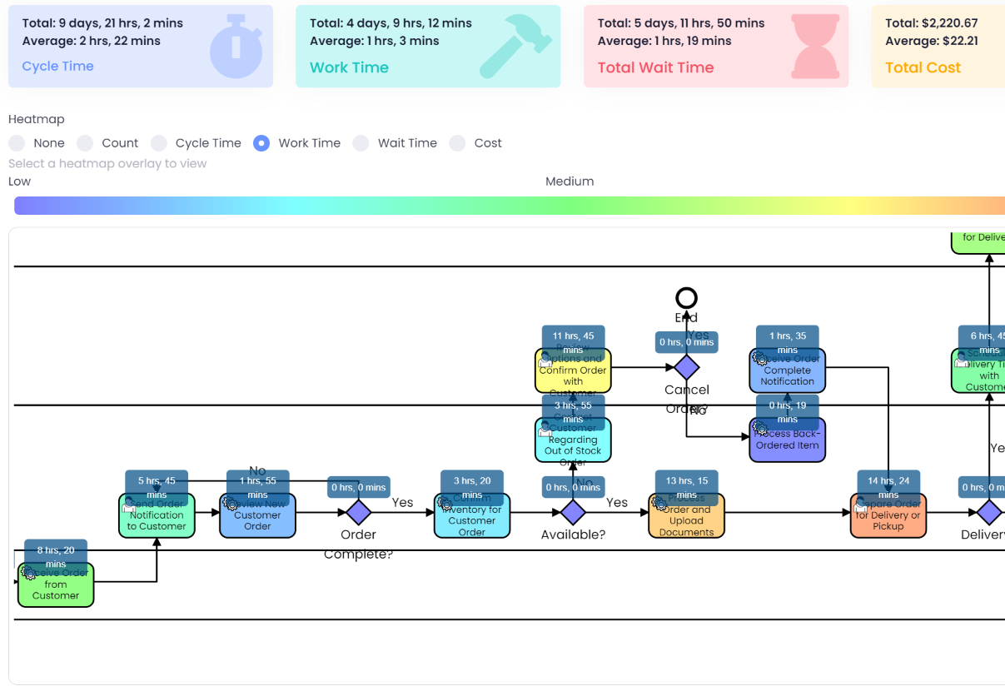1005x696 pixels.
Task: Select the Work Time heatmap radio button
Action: [x=261, y=143]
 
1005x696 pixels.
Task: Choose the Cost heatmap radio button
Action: [x=457, y=143]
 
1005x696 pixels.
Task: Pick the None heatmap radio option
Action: [x=17, y=143]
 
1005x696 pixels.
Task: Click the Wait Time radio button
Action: [x=361, y=143]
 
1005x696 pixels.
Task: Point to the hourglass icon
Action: [x=814, y=49]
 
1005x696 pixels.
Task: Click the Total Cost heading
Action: [x=923, y=67]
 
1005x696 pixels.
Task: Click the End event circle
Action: [x=686, y=298]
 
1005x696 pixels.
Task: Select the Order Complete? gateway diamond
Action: [x=358, y=512]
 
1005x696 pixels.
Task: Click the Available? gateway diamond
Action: [x=573, y=512]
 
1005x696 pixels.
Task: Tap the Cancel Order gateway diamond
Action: [x=686, y=366]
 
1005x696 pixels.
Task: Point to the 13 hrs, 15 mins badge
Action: [x=686, y=486]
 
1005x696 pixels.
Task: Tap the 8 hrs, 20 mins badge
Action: [x=56, y=555]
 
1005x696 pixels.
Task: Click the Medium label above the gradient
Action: [x=570, y=181]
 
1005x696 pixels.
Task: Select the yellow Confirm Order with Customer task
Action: [x=573, y=375]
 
